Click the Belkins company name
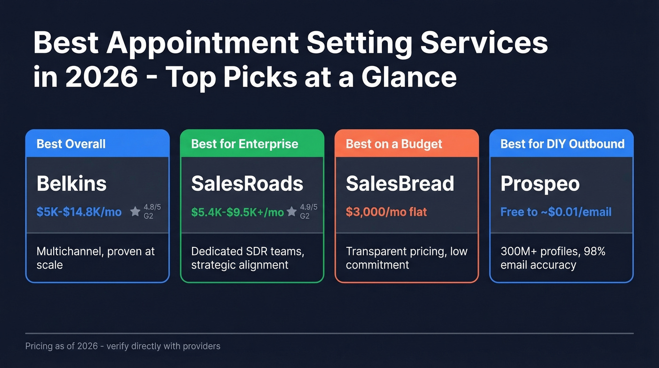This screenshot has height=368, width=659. pyautogui.click(x=72, y=184)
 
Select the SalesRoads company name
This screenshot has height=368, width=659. pyautogui.click(x=247, y=184)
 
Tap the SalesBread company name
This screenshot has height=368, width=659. pyautogui.click(x=400, y=184)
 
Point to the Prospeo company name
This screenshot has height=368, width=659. pyautogui.click(x=540, y=184)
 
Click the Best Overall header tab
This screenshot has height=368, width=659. pyautogui.click(x=71, y=144)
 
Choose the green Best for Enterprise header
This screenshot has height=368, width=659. pyautogui.click(x=244, y=144)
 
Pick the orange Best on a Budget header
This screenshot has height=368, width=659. pyautogui.click(x=394, y=144)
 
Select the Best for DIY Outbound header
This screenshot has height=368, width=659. pyautogui.click(x=562, y=144)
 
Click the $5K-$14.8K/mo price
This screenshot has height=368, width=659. pyautogui.click(x=79, y=212)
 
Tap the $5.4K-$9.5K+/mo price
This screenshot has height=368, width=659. pyautogui.click(x=237, y=212)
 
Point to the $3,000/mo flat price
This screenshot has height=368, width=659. pyautogui.click(x=386, y=212)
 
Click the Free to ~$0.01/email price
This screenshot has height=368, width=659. pyautogui.click(x=556, y=212)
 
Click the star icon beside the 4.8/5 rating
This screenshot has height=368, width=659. pyautogui.click(x=135, y=211)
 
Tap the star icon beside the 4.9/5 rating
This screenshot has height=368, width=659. pyautogui.click(x=291, y=211)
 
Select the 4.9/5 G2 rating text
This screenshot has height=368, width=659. pyautogui.click(x=308, y=212)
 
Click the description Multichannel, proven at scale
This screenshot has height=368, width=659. pyautogui.click(x=96, y=258)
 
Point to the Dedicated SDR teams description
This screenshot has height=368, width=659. pyautogui.click(x=248, y=258)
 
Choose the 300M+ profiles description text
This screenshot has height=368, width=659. pyautogui.click(x=553, y=258)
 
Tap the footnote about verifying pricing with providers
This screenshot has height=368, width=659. pyautogui.click(x=122, y=346)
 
